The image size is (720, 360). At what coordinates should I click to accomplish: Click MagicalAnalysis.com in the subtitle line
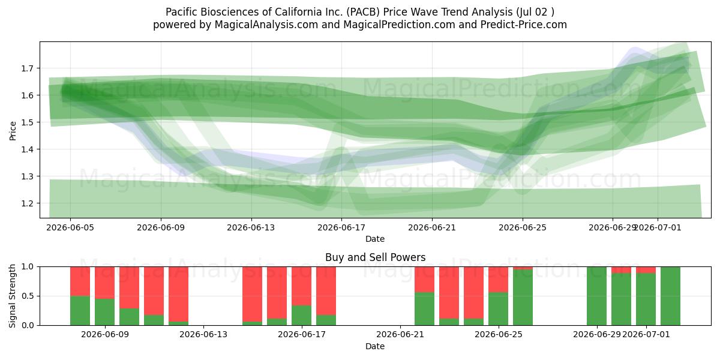tap(266, 25)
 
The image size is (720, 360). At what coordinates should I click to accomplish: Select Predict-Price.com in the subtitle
tap(524, 25)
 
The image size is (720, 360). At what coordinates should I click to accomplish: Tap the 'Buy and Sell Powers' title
tap(375, 257)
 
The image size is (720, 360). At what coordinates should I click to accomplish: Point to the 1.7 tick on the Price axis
tap(28, 68)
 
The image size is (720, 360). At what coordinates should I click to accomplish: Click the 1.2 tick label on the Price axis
tap(28, 203)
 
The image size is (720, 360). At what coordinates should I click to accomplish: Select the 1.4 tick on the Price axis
tap(28, 149)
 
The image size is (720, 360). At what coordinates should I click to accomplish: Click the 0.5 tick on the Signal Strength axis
tap(28, 296)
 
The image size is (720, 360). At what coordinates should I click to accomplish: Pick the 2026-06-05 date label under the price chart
tap(70, 227)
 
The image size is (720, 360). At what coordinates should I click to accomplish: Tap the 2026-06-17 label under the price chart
tap(341, 227)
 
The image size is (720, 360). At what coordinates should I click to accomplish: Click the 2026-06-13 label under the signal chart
tap(203, 335)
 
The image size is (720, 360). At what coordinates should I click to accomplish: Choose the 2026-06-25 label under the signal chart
tap(499, 335)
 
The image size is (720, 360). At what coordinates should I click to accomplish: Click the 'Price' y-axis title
tap(13, 131)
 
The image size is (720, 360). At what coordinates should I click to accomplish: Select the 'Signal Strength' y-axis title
tap(12, 296)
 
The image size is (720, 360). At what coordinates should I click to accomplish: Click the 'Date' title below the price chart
tap(375, 239)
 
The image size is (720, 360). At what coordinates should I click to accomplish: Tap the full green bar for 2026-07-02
tap(670, 296)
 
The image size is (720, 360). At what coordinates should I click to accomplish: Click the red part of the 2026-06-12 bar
tap(178, 294)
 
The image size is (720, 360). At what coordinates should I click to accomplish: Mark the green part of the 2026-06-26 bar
tap(523, 298)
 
